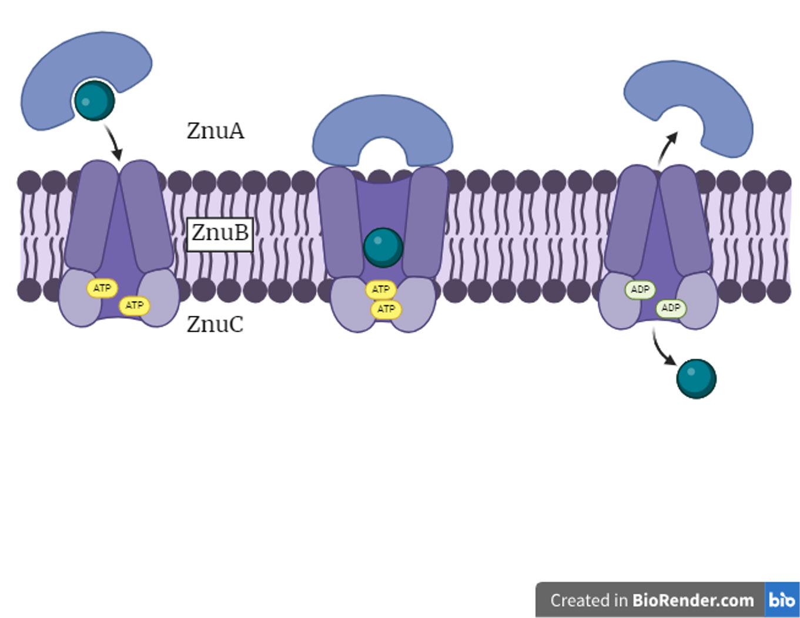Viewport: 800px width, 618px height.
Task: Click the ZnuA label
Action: point(215,131)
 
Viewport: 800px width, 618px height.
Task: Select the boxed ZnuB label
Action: point(220,233)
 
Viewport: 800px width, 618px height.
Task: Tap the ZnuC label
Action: point(215,324)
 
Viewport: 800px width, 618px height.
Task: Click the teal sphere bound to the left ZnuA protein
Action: point(94,101)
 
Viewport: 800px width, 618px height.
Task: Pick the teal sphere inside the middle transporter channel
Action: point(383,247)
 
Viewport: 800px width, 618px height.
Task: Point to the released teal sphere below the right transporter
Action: point(696,379)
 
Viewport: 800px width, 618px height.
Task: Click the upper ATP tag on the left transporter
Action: point(102,288)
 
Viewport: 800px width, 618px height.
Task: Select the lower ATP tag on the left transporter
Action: point(135,305)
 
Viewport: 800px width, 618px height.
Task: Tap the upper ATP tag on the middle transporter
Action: point(381,289)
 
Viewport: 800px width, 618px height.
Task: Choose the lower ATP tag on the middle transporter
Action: point(386,309)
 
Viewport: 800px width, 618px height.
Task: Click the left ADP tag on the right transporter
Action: point(640,289)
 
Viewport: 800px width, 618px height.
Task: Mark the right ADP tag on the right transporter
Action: point(671,308)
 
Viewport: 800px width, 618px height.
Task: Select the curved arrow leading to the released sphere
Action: point(663,349)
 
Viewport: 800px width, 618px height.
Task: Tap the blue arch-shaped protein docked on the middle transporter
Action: point(382,126)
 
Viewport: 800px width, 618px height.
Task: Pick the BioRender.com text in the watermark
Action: point(693,600)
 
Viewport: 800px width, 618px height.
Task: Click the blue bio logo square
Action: point(782,600)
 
